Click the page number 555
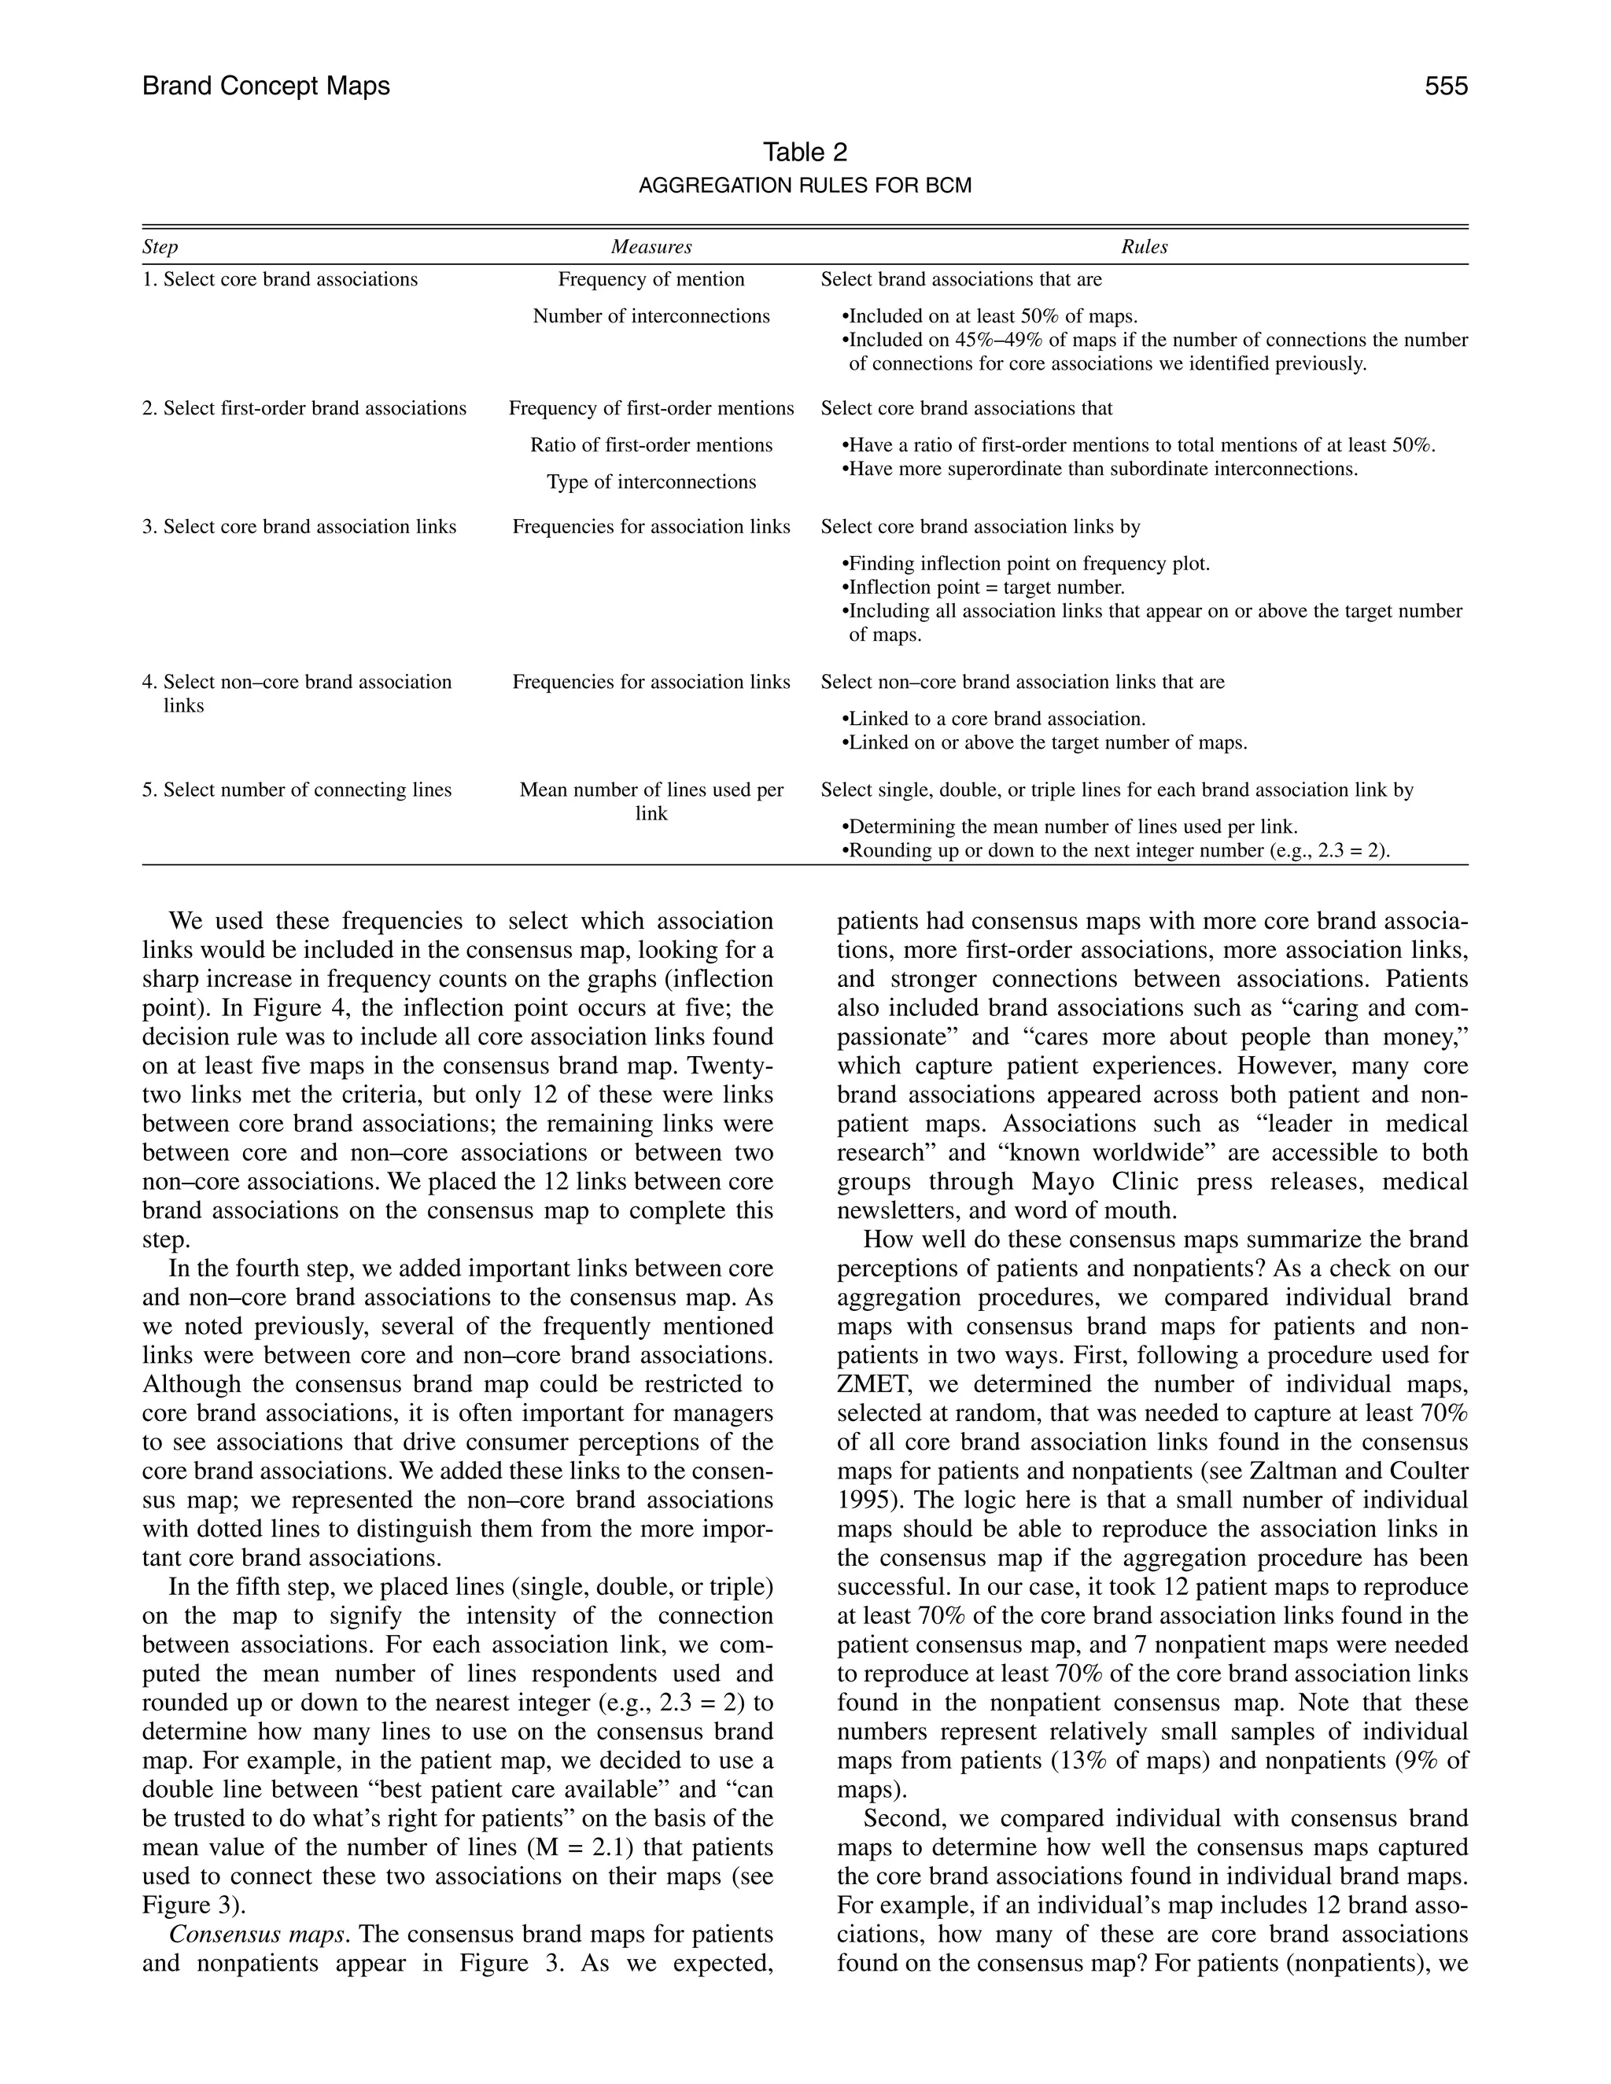coord(1445,87)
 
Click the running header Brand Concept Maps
coord(267,87)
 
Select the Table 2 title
coord(805,152)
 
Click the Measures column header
coord(651,247)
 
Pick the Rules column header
coord(1143,247)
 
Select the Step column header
coord(160,247)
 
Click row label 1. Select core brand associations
coord(279,280)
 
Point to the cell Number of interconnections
coord(651,317)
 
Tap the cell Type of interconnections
coord(651,482)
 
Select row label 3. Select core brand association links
coord(299,527)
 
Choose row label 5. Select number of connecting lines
coord(297,790)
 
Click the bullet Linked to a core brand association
coord(997,720)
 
